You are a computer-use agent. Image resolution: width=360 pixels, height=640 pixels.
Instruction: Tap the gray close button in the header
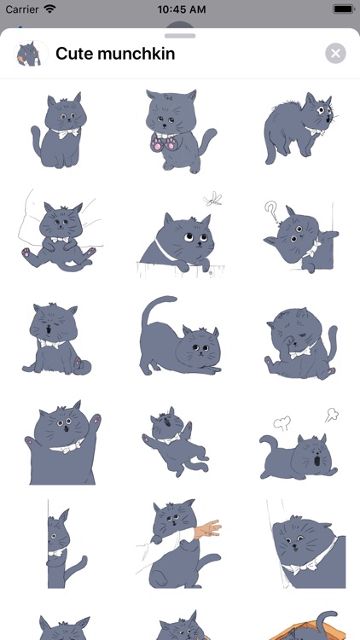click(335, 54)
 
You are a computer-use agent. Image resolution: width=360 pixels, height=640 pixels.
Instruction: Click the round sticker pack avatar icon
click(31, 54)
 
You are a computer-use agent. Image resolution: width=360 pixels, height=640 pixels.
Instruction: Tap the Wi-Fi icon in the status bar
click(49, 9)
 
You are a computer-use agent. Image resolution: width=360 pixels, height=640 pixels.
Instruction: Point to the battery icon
click(344, 9)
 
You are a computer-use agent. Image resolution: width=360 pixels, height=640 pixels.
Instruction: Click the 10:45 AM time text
click(182, 9)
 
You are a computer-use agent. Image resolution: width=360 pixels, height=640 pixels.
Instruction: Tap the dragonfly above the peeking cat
click(212, 199)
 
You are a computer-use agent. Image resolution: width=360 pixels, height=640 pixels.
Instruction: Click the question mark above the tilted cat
click(270, 212)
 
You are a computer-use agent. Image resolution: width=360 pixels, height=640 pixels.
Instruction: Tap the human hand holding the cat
click(208, 528)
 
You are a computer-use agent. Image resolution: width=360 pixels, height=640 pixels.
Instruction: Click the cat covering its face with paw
click(301, 344)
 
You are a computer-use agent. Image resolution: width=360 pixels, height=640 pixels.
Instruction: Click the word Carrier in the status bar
click(22, 9)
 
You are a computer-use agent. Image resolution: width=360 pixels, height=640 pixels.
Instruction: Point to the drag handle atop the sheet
click(180, 36)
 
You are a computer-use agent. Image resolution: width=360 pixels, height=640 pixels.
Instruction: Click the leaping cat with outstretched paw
click(176, 442)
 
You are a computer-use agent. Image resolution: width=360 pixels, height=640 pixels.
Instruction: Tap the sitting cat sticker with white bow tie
click(58, 131)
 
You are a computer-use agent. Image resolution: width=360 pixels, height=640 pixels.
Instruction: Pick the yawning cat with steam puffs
click(299, 449)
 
